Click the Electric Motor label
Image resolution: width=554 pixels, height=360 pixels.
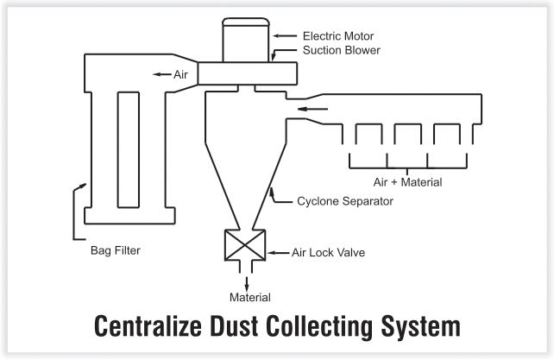point(338,36)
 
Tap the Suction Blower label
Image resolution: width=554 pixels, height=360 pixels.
point(342,50)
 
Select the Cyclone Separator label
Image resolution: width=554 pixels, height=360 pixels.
point(345,201)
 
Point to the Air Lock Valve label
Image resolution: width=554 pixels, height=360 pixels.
point(328,252)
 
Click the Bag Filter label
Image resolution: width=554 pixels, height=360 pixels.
point(116,250)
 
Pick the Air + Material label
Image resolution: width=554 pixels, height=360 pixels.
point(407,182)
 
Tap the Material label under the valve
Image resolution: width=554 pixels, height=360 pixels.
point(249,297)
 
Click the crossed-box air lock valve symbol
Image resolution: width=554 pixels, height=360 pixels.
point(245,245)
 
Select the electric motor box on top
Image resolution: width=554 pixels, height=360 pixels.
point(246,40)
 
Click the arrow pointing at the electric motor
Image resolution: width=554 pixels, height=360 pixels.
point(285,35)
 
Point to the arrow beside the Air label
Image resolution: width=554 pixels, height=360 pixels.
point(162,74)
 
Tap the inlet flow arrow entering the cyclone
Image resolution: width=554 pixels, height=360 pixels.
point(312,109)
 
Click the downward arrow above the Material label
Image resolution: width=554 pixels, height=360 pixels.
point(246,283)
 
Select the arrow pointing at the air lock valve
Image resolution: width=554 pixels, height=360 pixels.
point(278,252)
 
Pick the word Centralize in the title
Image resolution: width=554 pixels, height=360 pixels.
point(148,325)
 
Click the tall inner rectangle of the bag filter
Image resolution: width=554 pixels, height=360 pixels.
point(129,149)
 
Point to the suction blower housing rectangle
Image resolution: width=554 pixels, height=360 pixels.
point(248,73)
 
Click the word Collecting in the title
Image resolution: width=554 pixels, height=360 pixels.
point(320,326)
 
